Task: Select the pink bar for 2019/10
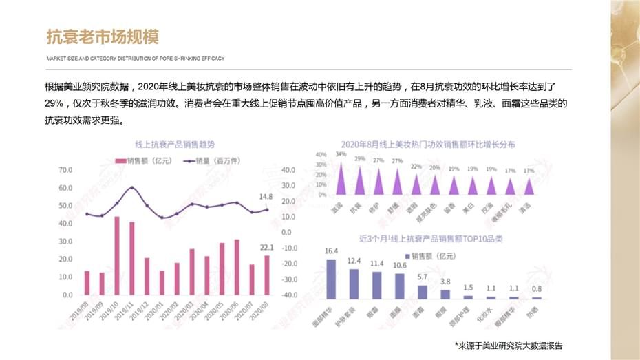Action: click(x=117, y=255)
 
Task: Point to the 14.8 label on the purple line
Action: click(x=266, y=197)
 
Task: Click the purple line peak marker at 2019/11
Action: click(x=132, y=187)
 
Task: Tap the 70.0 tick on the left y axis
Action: click(x=66, y=169)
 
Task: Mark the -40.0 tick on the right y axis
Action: click(x=289, y=295)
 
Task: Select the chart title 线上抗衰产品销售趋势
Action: click(x=175, y=145)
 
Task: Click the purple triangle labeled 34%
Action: click(x=341, y=178)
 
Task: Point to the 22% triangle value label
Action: click(x=416, y=167)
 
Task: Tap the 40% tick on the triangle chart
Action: click(x=321, y=155)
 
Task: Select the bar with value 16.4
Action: click(x=331, y=279)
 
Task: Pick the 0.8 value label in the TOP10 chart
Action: click(x=536, y=289)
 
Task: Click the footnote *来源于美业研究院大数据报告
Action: click(x=513, y=345)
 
